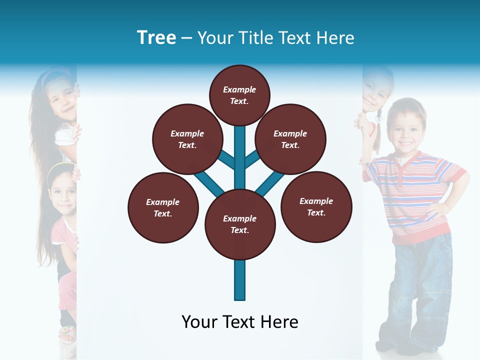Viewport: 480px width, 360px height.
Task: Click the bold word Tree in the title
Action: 156,38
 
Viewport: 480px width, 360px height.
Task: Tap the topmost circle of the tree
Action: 239,95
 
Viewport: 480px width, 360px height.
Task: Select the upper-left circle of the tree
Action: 187,139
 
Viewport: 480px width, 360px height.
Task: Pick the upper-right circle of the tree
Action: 290,139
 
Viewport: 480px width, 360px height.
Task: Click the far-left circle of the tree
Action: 163,208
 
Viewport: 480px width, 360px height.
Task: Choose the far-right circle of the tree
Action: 316,207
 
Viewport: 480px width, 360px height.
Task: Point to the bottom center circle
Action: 240,224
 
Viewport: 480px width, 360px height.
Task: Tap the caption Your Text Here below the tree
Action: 240,322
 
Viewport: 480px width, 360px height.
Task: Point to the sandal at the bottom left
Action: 67,334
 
